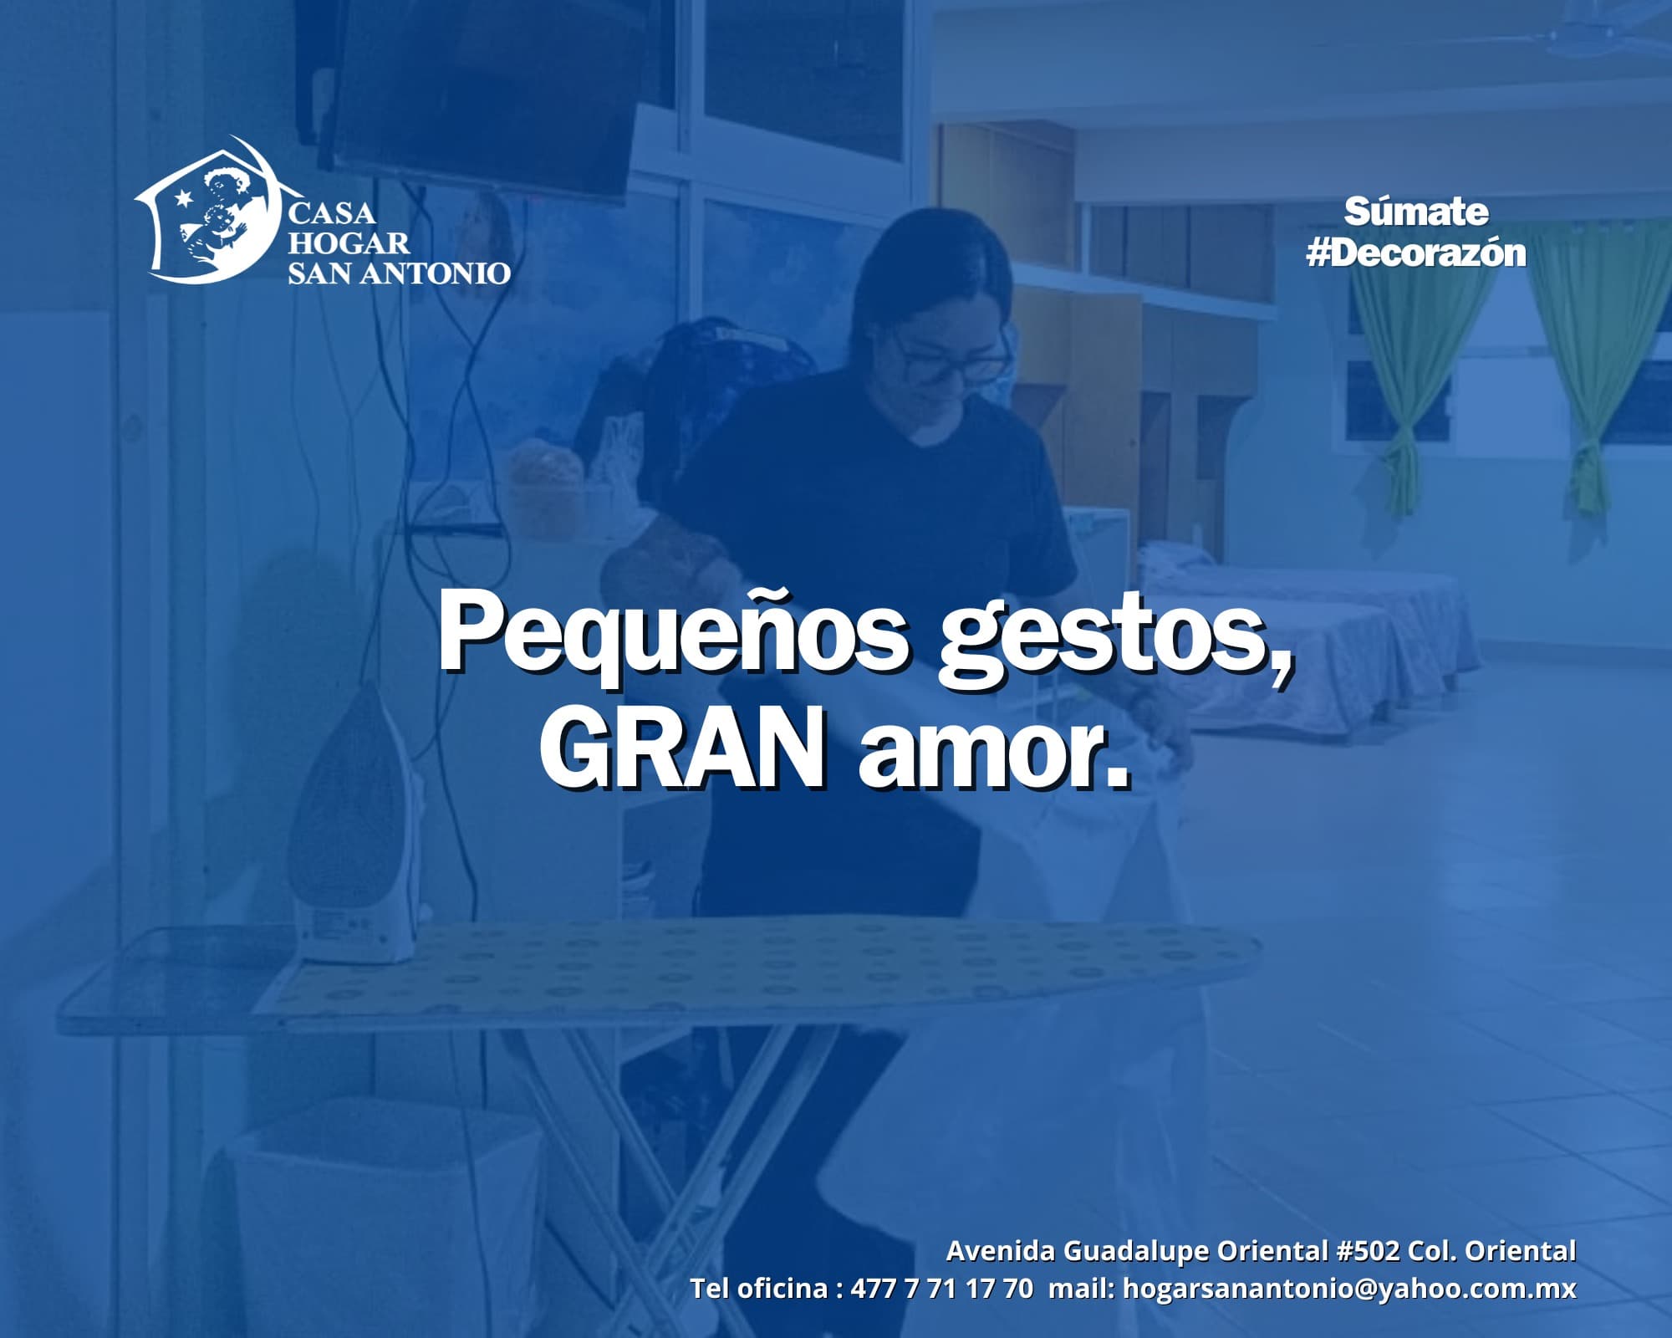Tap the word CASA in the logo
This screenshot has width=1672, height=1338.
click(331, 213)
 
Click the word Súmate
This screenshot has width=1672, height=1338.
click(1416, 212)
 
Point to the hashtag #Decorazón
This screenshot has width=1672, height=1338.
click(1416, 253)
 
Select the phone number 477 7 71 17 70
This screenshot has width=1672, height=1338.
click(941, 1288)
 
